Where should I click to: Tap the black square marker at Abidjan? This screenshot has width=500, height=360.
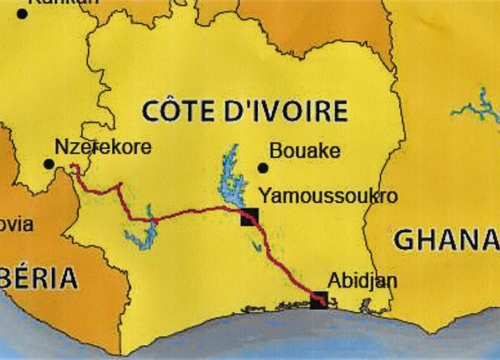[320, 301]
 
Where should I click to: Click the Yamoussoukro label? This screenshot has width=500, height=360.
[328, 196]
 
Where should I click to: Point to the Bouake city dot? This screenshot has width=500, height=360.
[263, 168]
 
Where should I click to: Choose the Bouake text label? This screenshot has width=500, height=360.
[305, 151]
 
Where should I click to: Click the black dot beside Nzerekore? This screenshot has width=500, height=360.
[48, 164]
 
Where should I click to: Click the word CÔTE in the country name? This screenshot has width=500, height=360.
[179, 111]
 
